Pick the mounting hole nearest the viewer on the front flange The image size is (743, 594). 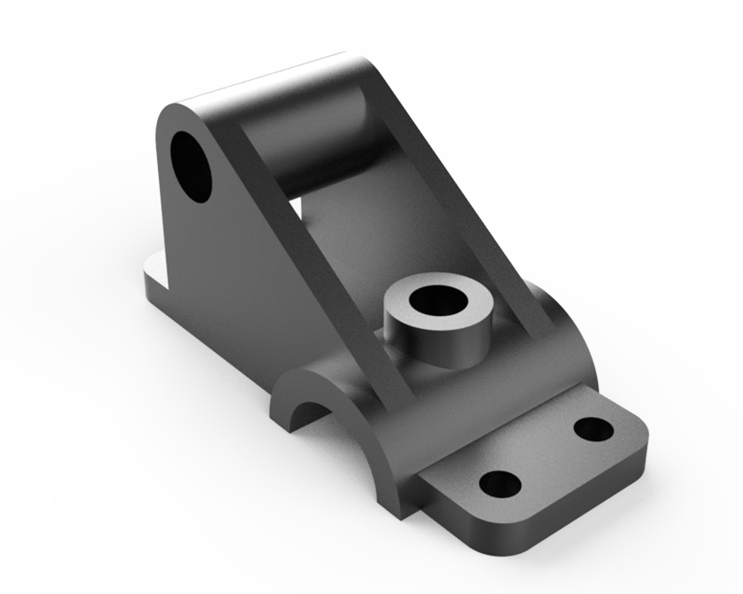coord(501,483)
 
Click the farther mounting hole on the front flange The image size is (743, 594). coord(593,429)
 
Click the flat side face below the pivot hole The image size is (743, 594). coord(218,277)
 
